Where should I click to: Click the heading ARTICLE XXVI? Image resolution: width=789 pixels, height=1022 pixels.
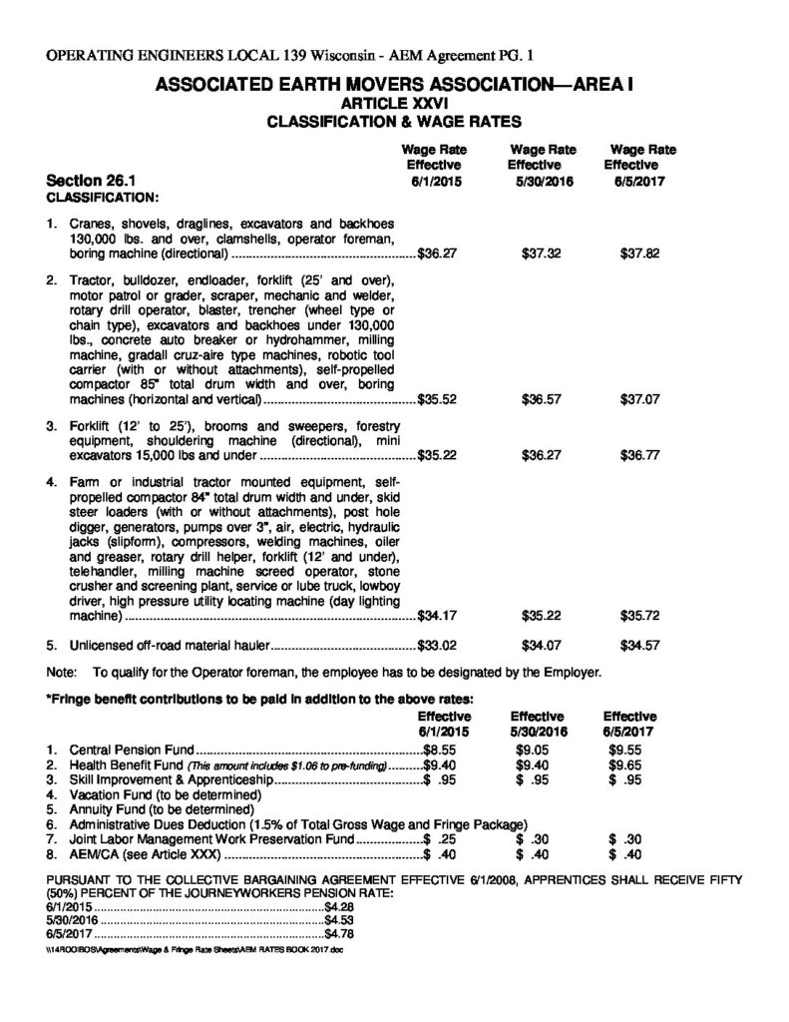tap(394, 103)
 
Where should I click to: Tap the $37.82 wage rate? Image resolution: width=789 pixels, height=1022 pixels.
tap(639, 254)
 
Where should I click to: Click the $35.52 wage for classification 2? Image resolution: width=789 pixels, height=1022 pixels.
tap(436, 399)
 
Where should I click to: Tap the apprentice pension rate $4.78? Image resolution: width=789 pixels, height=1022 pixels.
tap(340, 934)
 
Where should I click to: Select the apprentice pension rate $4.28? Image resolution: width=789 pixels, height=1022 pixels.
tap(340, 906)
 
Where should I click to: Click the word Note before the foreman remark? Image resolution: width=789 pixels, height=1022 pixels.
tap(63, 672)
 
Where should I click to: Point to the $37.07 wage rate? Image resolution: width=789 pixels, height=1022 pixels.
tap(639, 399)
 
